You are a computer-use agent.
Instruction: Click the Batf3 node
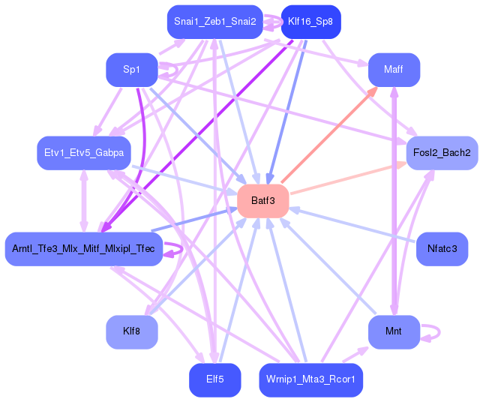(x=263, y=201)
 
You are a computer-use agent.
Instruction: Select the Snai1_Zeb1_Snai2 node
(x=215, y=22)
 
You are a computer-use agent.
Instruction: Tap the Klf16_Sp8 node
(x=310, y=22)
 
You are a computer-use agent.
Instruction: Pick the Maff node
(x=393, y=70)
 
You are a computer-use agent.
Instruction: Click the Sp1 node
(x=131, y=70)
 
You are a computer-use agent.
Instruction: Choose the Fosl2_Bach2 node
(x=442, y=153)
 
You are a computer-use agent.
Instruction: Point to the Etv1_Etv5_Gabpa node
(x=83, y=153)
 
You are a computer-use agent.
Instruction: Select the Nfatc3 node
(x=442, y=248)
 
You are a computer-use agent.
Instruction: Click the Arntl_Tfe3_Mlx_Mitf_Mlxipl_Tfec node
(x=83, y=248)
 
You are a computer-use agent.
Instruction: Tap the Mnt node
(x=393, y=331)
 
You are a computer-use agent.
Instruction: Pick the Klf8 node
(x=131, y=331)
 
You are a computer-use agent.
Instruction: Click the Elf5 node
(x=215, y=379)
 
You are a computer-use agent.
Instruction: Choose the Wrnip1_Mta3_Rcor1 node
(x=310, y=379)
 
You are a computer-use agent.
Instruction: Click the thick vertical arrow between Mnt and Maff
(x=394, y=202)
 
